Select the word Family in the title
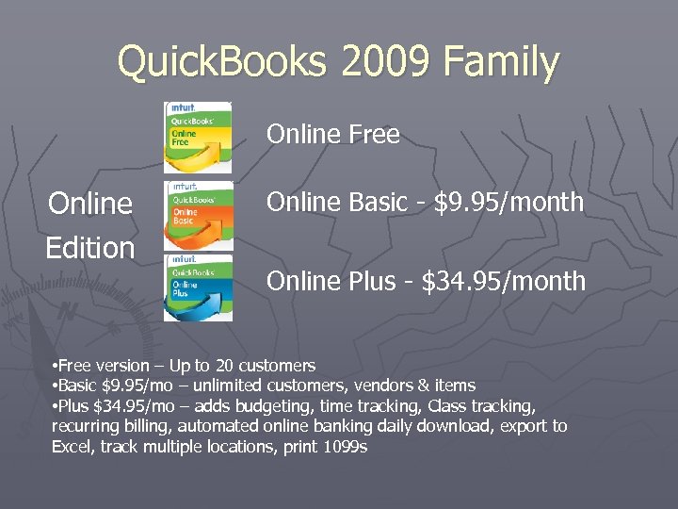[501, 64]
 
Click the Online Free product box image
[198, 137]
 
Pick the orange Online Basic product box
[198, 216]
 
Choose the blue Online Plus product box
[198, 287]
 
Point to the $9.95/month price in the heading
[508, 203]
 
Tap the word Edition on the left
[90, 248]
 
